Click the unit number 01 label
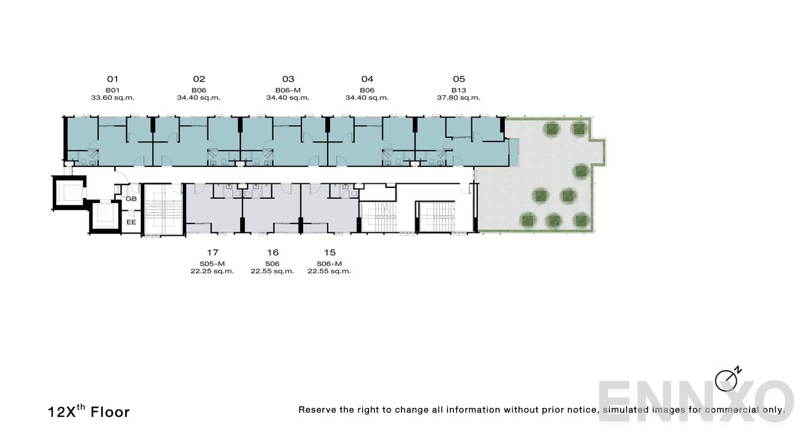pos(113,79)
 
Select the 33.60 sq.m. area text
pos(113,98)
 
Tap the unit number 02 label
pos(199,79)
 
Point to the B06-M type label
pos(288,90)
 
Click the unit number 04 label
pos(367,79)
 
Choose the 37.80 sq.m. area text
pos(458,98)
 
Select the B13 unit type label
pos(458,90)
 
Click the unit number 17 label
pos(212,253)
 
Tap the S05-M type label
pos(212,264)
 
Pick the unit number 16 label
pos(273,253)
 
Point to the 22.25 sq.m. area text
pos(212,271)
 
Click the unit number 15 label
pos(330,253)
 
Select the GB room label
pos(131,199)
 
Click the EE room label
pos(131,222)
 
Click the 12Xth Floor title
pos(89,411)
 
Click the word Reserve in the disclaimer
pos(318,410)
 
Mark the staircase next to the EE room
pos(163,210)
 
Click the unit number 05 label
pos(458,79)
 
